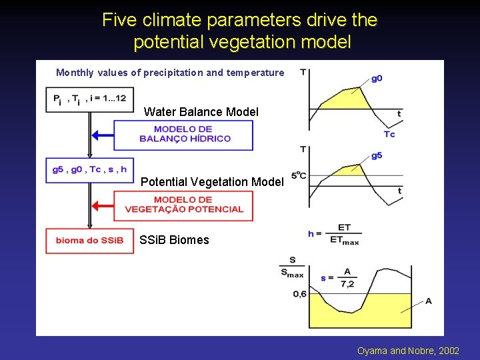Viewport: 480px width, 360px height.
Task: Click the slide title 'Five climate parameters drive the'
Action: pyautogui.click(x=239, y=20)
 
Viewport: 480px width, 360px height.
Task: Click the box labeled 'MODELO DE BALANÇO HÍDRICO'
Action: pyautogui.click(x=183, y=135)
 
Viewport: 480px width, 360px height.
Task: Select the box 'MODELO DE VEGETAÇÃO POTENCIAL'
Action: pyautogui.click(x=183, y=205)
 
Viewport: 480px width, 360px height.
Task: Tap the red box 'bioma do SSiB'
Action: pyautogui.click(x=89, y=241)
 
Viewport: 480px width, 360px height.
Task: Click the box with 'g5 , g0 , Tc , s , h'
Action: pyautogui.click(x=89, y=169)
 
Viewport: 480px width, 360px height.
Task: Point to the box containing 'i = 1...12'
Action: pyautogui.click(x=89, y=99)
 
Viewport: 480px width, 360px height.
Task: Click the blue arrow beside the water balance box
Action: pyautogui.click(x=101, y=135)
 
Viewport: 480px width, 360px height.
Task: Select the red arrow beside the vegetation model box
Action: pyautogui.click(x=101, y=205)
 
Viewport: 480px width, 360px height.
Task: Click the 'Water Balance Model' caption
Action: pyautogui.click(x=201, y=112)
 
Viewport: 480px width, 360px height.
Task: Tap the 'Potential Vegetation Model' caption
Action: pyautogui.click(x=212, y=181)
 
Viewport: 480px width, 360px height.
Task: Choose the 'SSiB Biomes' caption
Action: pyautogui.click(x=174, y=240)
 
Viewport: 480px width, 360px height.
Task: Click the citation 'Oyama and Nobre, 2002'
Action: pyautogui.click(x=408, y=351)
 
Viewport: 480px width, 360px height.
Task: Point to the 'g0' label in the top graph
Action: pyautogui.click(x=377, y=78)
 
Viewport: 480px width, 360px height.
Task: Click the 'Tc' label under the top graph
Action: pyautogui.click(x=389, y=134)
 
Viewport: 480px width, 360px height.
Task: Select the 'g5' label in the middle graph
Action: pyautogui.click(x=377, y=155)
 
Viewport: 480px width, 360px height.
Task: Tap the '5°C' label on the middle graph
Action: pyautogui.click(x=298, y=175)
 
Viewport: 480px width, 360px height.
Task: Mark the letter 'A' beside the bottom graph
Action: pyautogui.click(x=428, y=301)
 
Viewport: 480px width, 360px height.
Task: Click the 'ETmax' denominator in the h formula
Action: pyautogui.click(x=345, y=240)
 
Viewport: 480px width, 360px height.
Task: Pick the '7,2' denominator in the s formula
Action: pyautogui.click(x=347, y=284)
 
